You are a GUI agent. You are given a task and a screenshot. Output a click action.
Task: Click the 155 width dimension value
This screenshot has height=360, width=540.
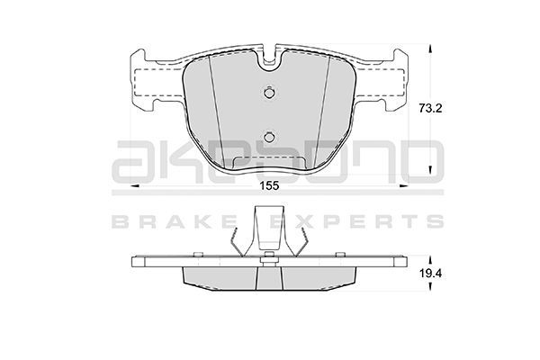269,186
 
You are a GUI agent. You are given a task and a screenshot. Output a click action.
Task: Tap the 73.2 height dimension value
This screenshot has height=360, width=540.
430,109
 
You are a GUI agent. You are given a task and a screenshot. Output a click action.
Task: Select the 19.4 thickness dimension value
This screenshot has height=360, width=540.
430,274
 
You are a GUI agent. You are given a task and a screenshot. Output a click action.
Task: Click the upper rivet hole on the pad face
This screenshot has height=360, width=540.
269,93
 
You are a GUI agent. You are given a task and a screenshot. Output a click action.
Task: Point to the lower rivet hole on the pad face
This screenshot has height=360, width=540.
269,138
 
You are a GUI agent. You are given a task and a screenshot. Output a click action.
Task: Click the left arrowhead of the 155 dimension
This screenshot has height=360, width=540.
134,186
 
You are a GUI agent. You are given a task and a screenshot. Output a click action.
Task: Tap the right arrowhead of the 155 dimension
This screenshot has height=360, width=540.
403,186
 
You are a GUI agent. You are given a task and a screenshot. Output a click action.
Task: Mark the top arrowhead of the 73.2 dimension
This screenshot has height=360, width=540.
429,49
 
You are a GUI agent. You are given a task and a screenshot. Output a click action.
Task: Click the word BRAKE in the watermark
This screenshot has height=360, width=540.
174,221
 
